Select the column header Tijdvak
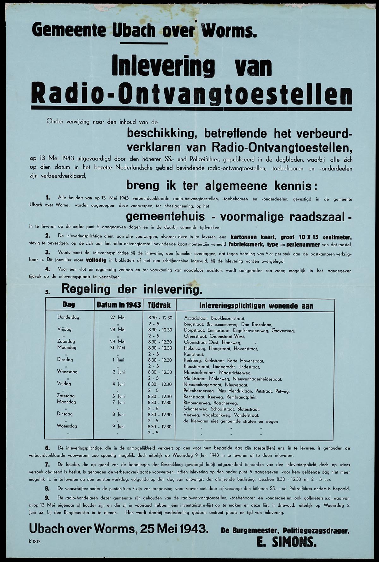point(159,305)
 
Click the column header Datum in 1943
point(119,305)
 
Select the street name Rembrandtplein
point(242,397)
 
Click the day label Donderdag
point(68,317)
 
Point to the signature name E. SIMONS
point(286,542)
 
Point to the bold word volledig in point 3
point(95,261)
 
